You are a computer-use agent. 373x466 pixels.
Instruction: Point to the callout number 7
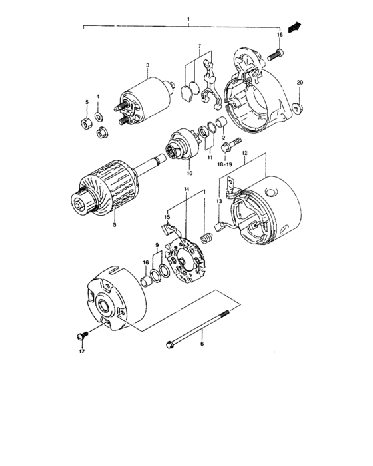[198, 47]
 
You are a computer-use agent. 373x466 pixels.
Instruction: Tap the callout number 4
[98, 97]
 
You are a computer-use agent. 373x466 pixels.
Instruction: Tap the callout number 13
[218, 202]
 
